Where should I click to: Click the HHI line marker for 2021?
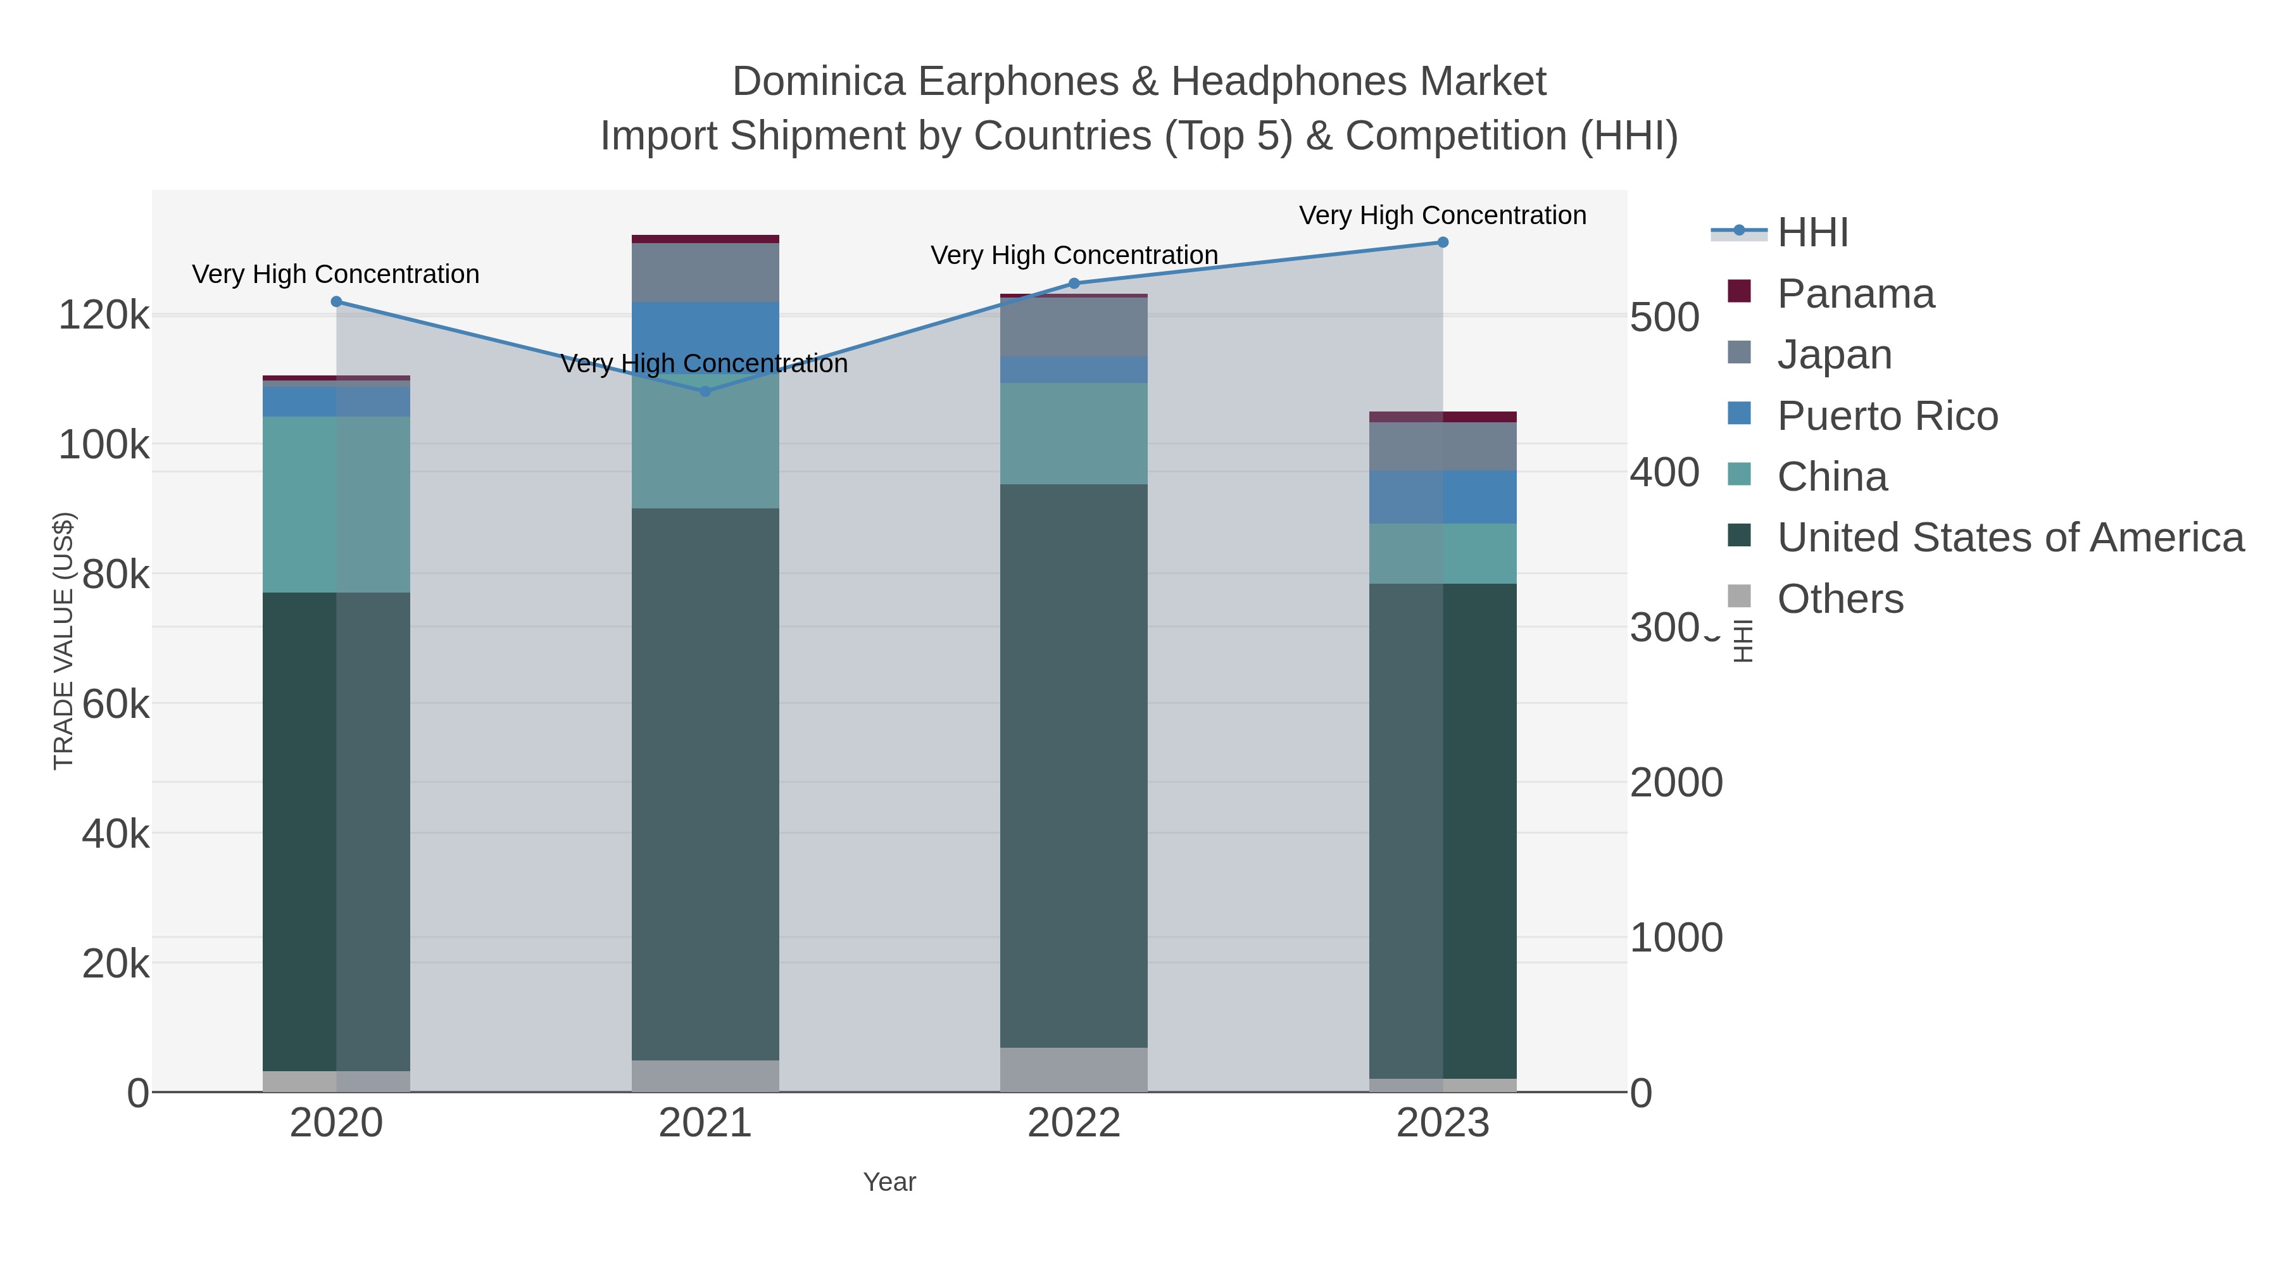tap(705, 391)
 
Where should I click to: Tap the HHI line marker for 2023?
tap(1443, 242)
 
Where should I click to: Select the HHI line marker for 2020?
tap(336, 302)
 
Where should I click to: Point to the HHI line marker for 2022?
tap(1074, 283)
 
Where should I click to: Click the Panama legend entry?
tap(1855, 294)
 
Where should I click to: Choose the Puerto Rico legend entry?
tap(1887, 416)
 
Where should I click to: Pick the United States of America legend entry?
tap(2010, 537)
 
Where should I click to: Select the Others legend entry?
tap(1840, 599)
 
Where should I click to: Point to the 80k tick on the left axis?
tap(116, 575)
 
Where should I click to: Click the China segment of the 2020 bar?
tap(336, 505)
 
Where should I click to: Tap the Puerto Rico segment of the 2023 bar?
tap(1443, 497)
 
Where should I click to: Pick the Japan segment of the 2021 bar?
tap(705, 272)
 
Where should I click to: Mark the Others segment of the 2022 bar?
tap(1074, 1070)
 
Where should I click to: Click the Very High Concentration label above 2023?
tap(1442, 216)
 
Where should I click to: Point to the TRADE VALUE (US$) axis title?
tap(64, 641)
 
